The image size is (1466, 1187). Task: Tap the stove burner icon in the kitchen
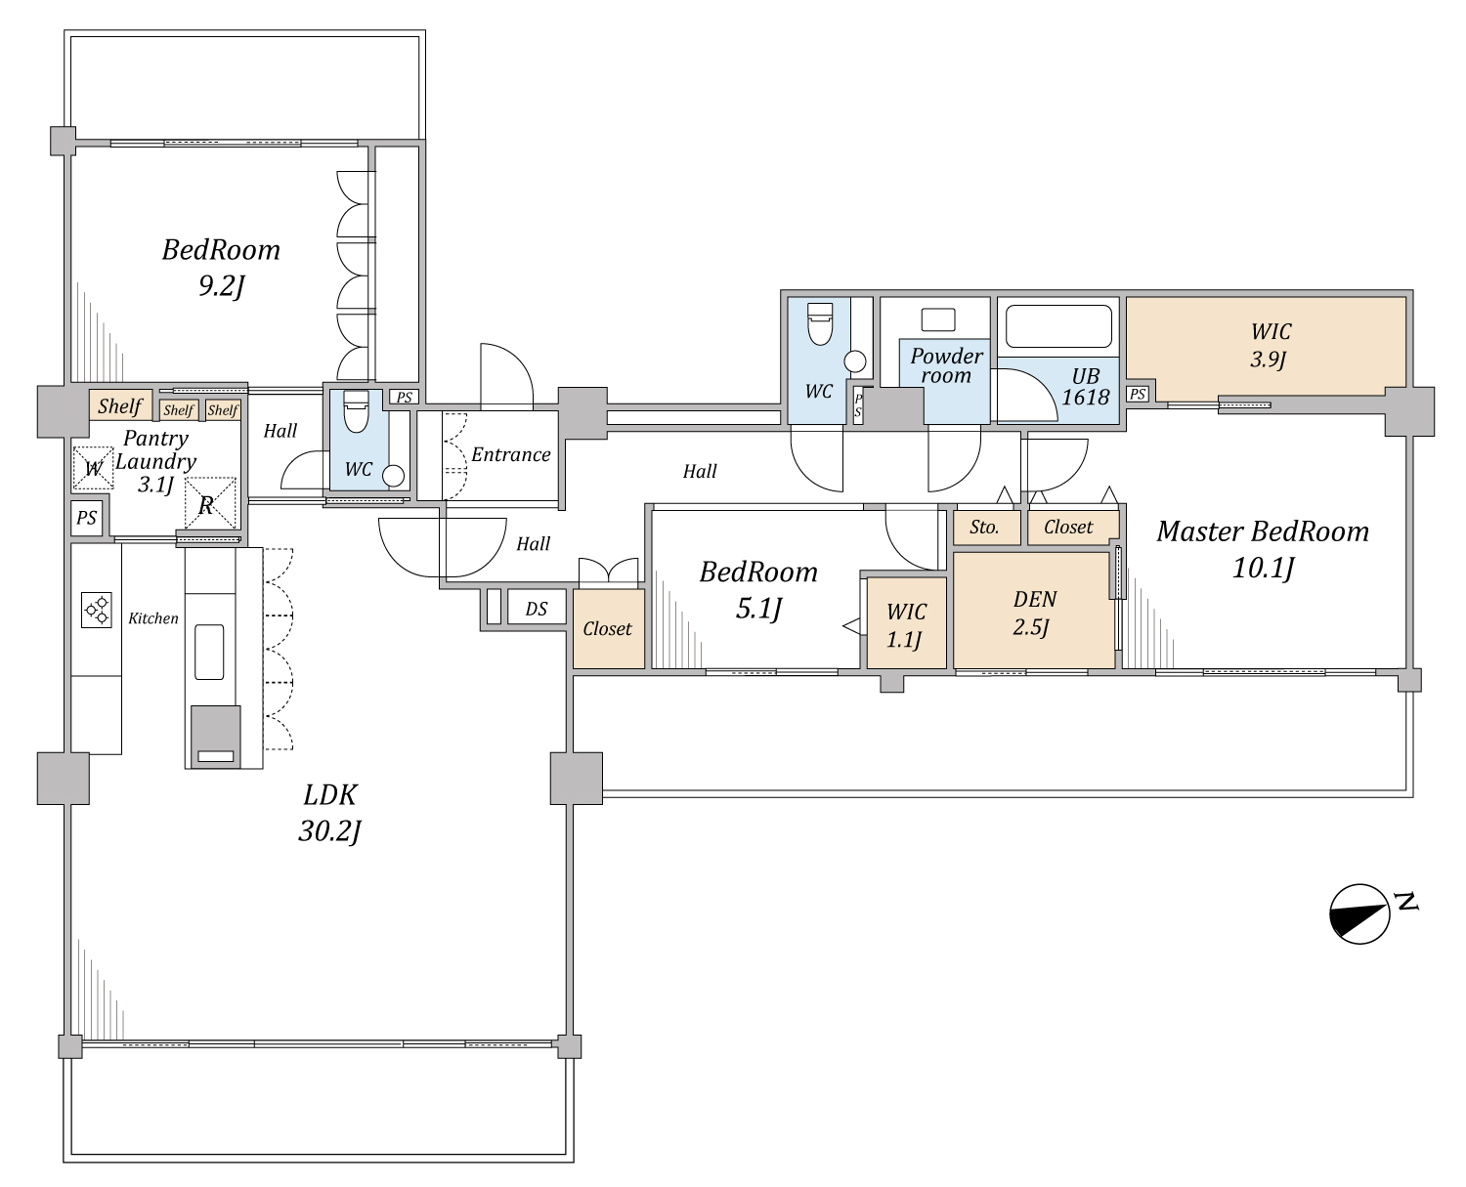click(97, 609)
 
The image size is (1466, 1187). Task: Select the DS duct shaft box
click(537, 607)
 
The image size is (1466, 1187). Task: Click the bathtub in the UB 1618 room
click(1058, 326)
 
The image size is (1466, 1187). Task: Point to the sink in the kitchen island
click(209, 652)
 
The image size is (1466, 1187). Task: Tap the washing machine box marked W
click(93, 469)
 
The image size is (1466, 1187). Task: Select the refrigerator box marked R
click(210, 504)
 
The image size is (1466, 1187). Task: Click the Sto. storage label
click(984, 528)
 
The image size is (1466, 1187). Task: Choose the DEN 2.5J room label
click(1033, 613)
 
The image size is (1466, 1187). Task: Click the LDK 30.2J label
click(329, 813)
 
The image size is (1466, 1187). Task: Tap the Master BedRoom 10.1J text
click(1263, 549)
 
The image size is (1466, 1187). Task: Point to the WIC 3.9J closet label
click(1270, 345)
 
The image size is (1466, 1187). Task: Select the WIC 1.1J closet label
click(905, 625)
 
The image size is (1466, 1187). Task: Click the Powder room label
click(946, 365)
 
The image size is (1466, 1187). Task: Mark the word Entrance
click(511, 454)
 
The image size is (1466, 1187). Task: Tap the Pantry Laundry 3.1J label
click(155, 461)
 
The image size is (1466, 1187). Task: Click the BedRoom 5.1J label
click(758, 589)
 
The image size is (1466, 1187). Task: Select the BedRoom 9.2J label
click(221, 267)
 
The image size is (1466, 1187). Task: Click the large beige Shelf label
click(120, 405)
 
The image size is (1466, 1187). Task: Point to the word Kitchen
click(152, 618)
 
